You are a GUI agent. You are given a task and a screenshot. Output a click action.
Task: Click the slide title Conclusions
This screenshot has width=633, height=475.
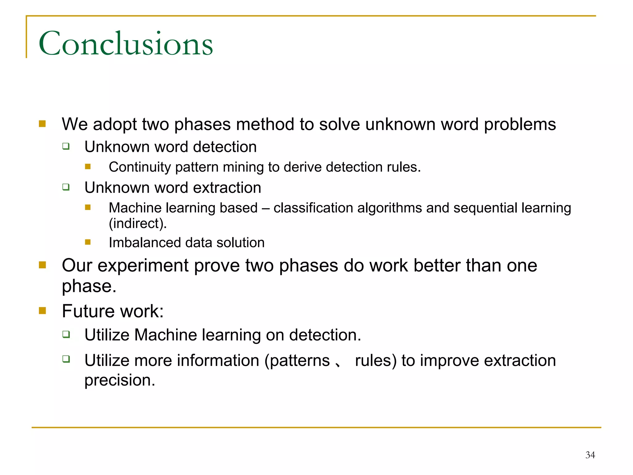[x=126, y=44]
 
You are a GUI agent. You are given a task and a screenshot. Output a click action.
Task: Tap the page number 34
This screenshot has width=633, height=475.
[x=590, y=455]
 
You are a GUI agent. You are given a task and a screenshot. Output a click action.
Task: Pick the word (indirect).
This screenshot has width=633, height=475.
[x=138, y=223]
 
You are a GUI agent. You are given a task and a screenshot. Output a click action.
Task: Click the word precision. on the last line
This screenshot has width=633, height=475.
[x=120, y=380]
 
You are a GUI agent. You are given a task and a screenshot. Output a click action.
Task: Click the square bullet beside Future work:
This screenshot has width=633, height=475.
[x=42, y=310]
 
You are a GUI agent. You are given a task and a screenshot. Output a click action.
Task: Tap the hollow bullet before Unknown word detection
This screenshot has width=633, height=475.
[x=66, y=146]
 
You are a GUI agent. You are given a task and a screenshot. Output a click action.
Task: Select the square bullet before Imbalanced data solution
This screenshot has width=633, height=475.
[x=88, y=242]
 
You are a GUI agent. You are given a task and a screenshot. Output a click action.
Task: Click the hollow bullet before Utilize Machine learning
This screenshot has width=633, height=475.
[x=66, y=334]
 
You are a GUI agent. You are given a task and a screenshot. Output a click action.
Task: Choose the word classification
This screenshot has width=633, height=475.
[x=313, y=208]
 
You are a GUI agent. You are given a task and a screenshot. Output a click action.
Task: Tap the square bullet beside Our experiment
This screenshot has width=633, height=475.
[x=42, y=265]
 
